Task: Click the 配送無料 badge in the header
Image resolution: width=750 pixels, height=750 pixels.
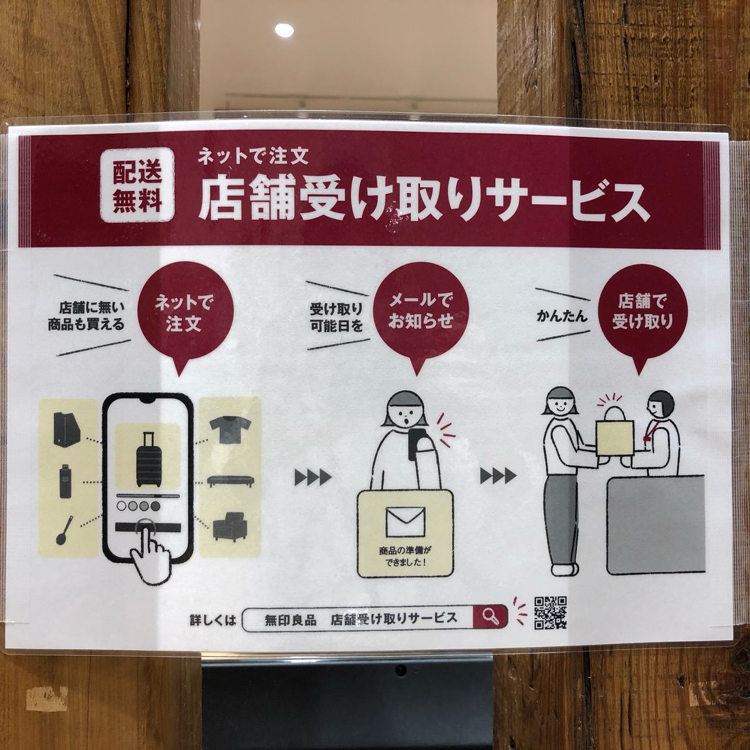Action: (137, 185)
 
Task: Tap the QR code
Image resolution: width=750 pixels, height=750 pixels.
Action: (550, 613)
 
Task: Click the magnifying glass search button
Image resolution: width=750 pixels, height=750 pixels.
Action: (490, 618)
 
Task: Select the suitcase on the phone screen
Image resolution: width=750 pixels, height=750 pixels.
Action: (149, 459)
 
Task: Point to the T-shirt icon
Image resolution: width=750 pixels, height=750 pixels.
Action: (230, 429)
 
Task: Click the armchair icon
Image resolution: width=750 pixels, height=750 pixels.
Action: (230, 526)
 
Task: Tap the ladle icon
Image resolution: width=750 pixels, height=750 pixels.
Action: (65, 530)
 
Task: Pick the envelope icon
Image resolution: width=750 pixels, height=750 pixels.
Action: (405, 522)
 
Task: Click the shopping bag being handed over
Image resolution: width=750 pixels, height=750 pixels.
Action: (614, 434)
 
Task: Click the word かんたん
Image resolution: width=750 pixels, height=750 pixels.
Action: (562, 316)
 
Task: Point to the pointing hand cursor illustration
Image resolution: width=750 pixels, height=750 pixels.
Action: (151, 553)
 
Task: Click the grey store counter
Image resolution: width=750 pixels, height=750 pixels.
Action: (656, 525)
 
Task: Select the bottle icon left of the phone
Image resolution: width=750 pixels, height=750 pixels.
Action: (65, 481)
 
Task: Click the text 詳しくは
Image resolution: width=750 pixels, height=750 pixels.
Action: (213, 621)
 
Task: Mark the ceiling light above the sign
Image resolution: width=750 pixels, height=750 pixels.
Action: (284, 30)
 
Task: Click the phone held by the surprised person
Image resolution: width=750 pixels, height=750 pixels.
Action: (415, 444)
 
